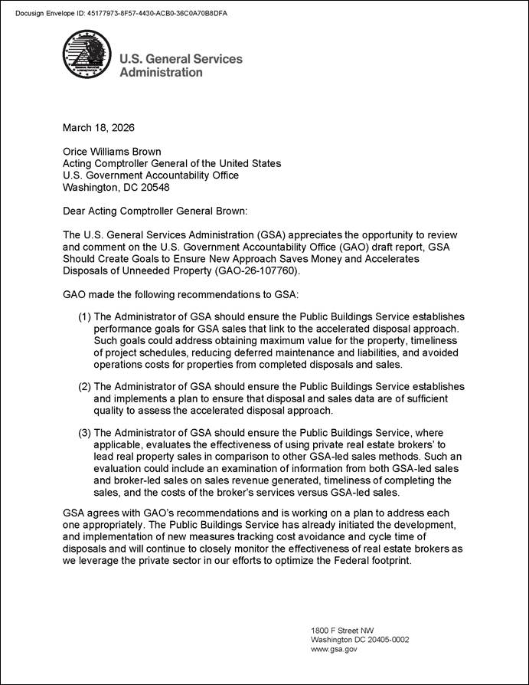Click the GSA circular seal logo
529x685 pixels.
pyautogui.click(x=87, y=54)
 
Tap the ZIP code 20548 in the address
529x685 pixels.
pyautogui.click(x=154, y=186)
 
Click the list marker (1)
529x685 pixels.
pyautogui.click(x=84, y=316)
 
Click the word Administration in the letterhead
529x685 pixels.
pyautogui.click(x=161, y=72)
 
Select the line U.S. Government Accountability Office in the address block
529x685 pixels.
pyautogui.click(x=150, y=175)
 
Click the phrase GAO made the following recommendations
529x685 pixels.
pyautogui.click(x=153, y=294)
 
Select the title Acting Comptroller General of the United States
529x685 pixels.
pyautogui.click(x=171, y=163)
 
